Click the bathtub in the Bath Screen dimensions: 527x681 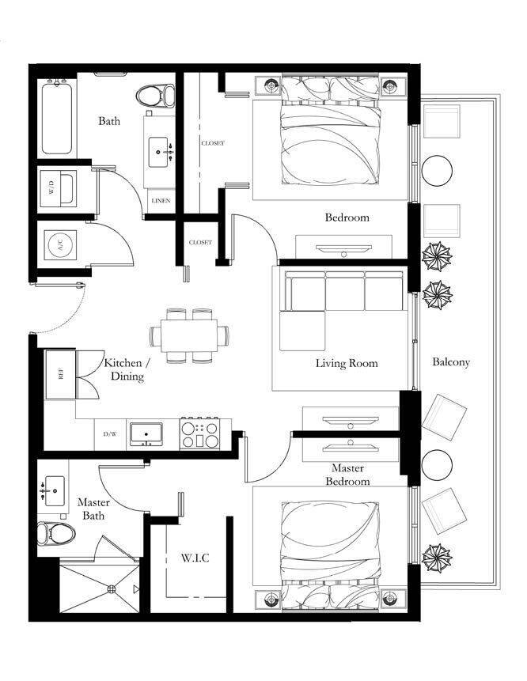57,117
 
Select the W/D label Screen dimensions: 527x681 52,188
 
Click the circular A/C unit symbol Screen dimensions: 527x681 60,245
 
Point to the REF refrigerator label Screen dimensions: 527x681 60,373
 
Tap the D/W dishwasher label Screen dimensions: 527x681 109,434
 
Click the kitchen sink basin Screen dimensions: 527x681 146,433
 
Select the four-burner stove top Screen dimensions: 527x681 199,435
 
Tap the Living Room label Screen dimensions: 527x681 347,363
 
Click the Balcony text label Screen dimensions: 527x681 451,362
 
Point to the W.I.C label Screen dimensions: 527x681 195,558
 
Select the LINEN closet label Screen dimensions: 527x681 161,201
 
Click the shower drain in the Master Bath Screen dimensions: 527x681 112,589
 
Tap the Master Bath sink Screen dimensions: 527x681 55,490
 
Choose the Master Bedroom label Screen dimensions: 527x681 347,475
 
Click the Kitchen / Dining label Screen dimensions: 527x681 127,369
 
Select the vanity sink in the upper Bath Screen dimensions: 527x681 158,152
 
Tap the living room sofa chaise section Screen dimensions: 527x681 302,331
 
